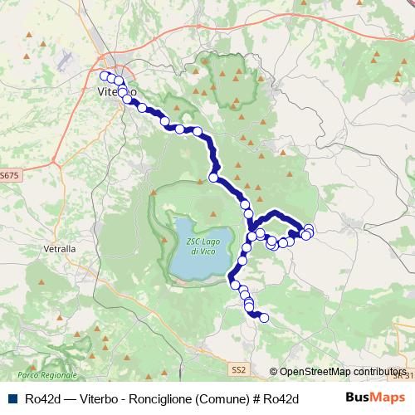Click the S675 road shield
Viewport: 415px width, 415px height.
coord(8,176)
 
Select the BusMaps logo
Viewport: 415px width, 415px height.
coord(370,397)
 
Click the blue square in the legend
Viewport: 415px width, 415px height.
coord(12,398)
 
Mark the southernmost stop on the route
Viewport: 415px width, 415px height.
coord(265,317)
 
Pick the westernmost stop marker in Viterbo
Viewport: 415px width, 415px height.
coord(104,76)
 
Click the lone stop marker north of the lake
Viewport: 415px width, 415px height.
coord(214,177)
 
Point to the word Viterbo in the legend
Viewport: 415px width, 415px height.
coord(93,398)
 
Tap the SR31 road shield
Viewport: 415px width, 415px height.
coord(407,375)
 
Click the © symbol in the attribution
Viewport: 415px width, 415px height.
coord(273,372)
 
